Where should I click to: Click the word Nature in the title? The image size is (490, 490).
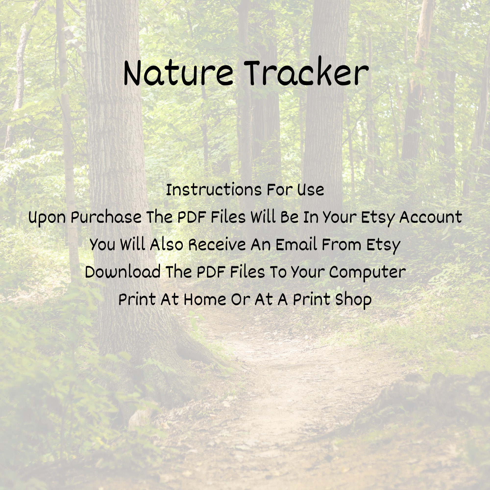tap(178, 74)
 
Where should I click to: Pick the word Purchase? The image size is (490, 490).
tap(106, 217)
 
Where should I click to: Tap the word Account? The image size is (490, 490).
tap(430, 217)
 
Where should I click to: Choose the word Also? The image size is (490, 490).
tap(166, 245)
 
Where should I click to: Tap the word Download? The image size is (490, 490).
tap(123, 272)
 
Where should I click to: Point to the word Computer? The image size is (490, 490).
tap(367, 272)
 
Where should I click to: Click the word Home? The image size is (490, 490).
tap(205, 300)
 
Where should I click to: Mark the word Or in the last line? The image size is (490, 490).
tap(240, 300)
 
